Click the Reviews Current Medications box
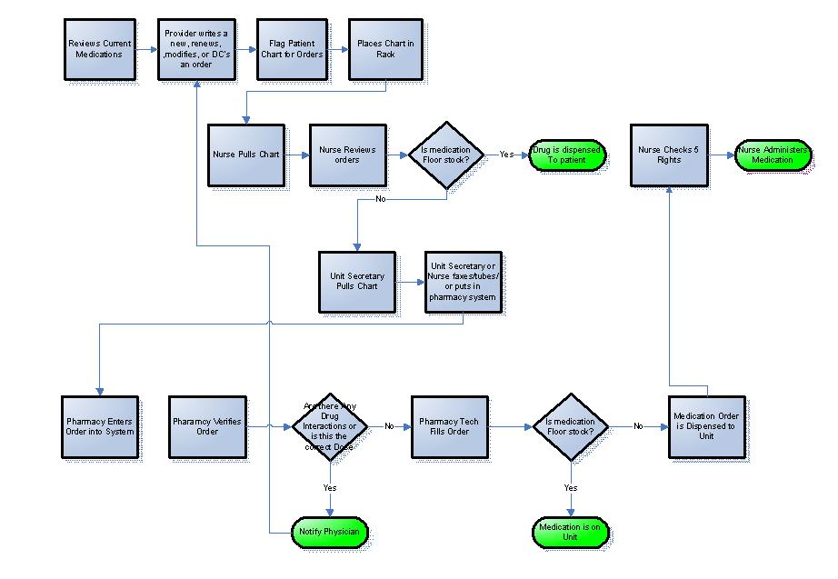click(99, 48)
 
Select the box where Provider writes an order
click(196, 48)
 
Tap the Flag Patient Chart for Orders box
click(293, 48)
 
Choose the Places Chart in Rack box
click(385, 48)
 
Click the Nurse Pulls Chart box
click(244, 155)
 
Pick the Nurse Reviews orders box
click(347, 155)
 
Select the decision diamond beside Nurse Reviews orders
click(445, 155)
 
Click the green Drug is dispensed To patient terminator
click(567, 155)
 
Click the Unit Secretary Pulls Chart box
click(356, 281)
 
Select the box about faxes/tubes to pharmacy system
click(463, 282)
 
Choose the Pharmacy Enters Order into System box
click(100, 425)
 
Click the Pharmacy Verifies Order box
click(207, 425)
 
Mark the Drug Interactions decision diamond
click(330, 425)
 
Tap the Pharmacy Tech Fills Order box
click(449, 425)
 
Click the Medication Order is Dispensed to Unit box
click(706, 425)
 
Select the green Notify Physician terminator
click(329, 531)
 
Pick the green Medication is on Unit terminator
click(570, 532)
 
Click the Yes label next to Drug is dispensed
click(506, 155)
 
